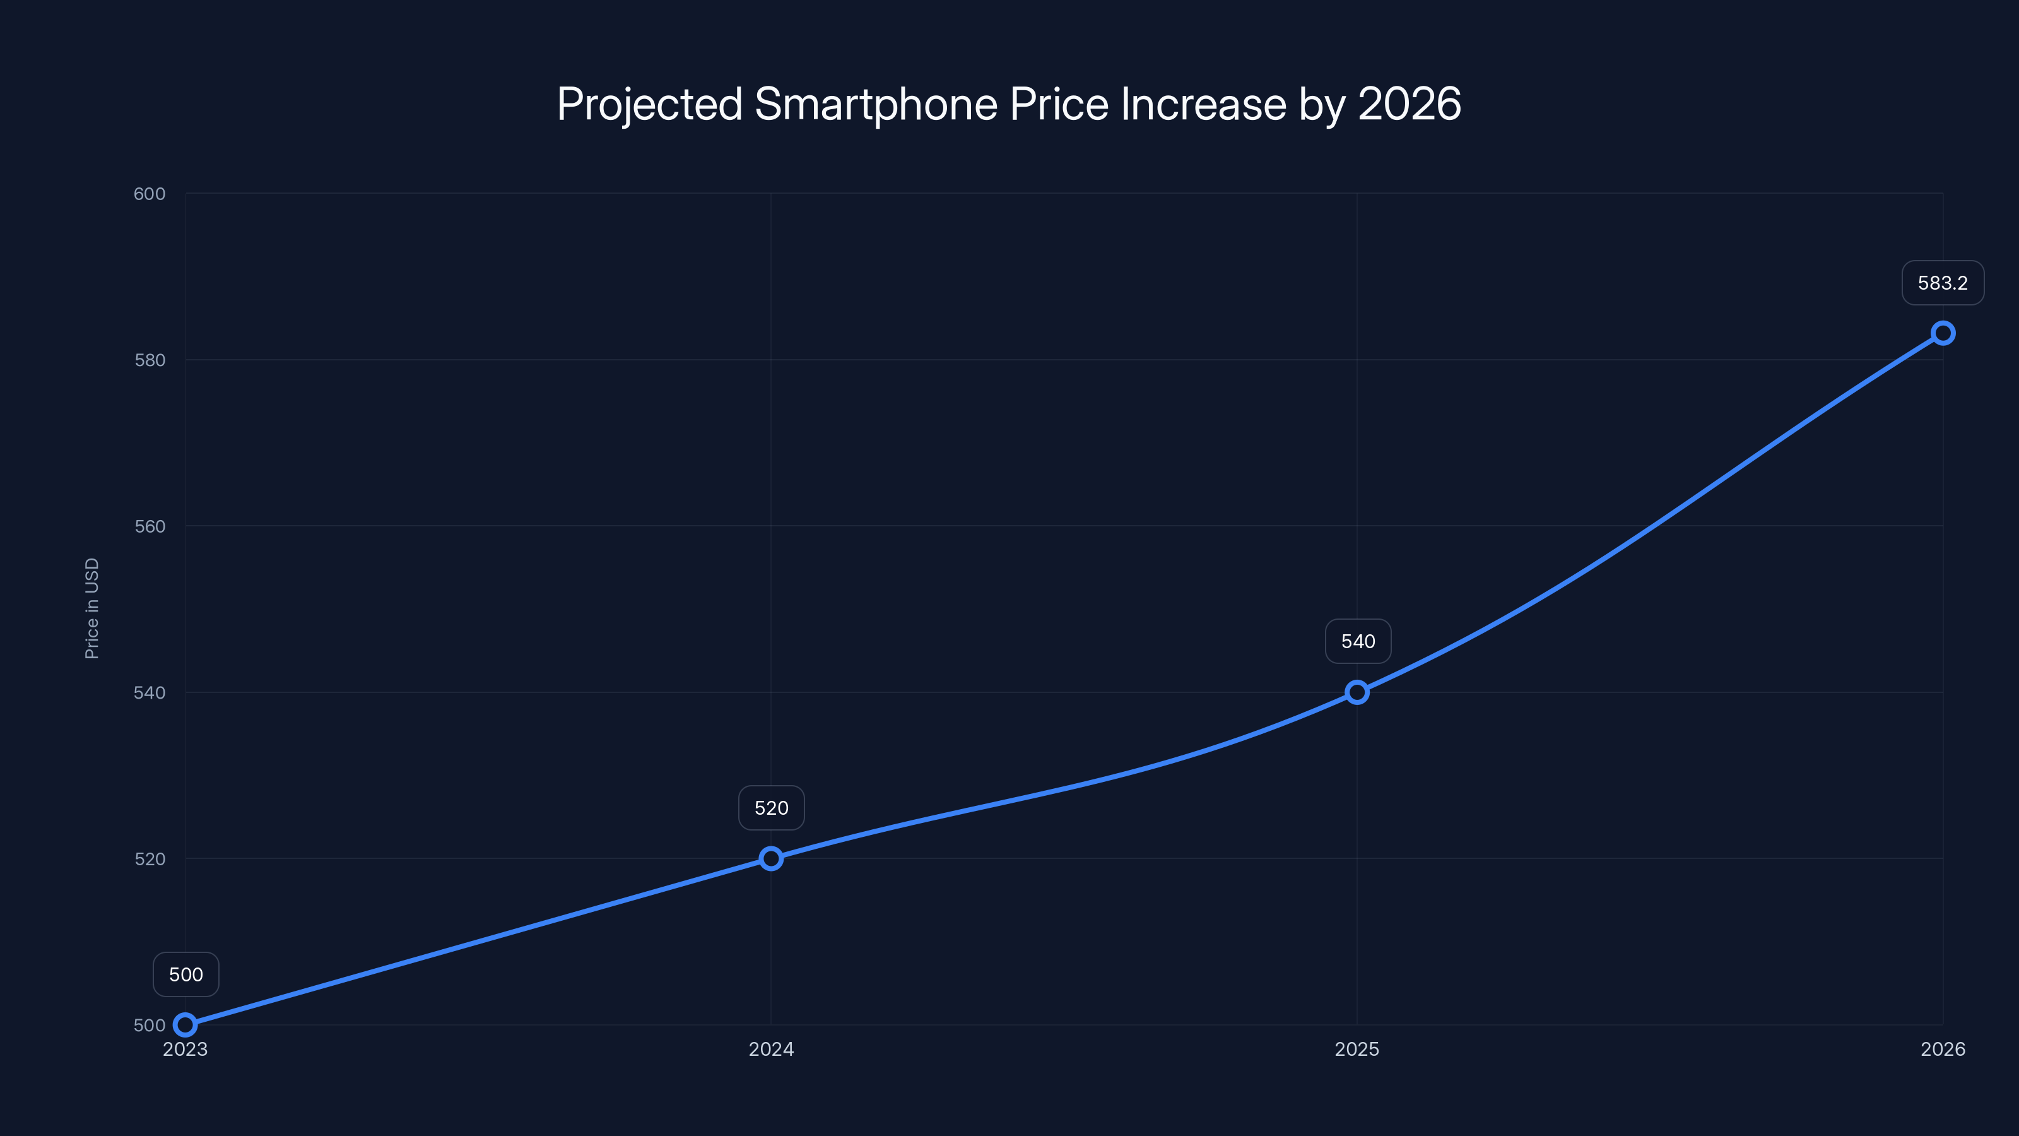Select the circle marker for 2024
point(771,858)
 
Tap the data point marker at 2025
point(1357,692)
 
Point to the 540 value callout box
point(1358,641)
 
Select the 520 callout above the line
point(771,808)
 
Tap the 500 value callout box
point(185,974)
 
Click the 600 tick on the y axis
point(150,194)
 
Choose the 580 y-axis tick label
point(150,360)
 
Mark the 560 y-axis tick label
point(150,526)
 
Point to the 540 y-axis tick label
point(150,692)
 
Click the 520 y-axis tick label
point(150,858)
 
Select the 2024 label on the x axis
point(771,1049)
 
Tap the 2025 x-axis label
point(1357,1049)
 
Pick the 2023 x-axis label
point(185,1049)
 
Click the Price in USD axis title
point(91,608)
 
